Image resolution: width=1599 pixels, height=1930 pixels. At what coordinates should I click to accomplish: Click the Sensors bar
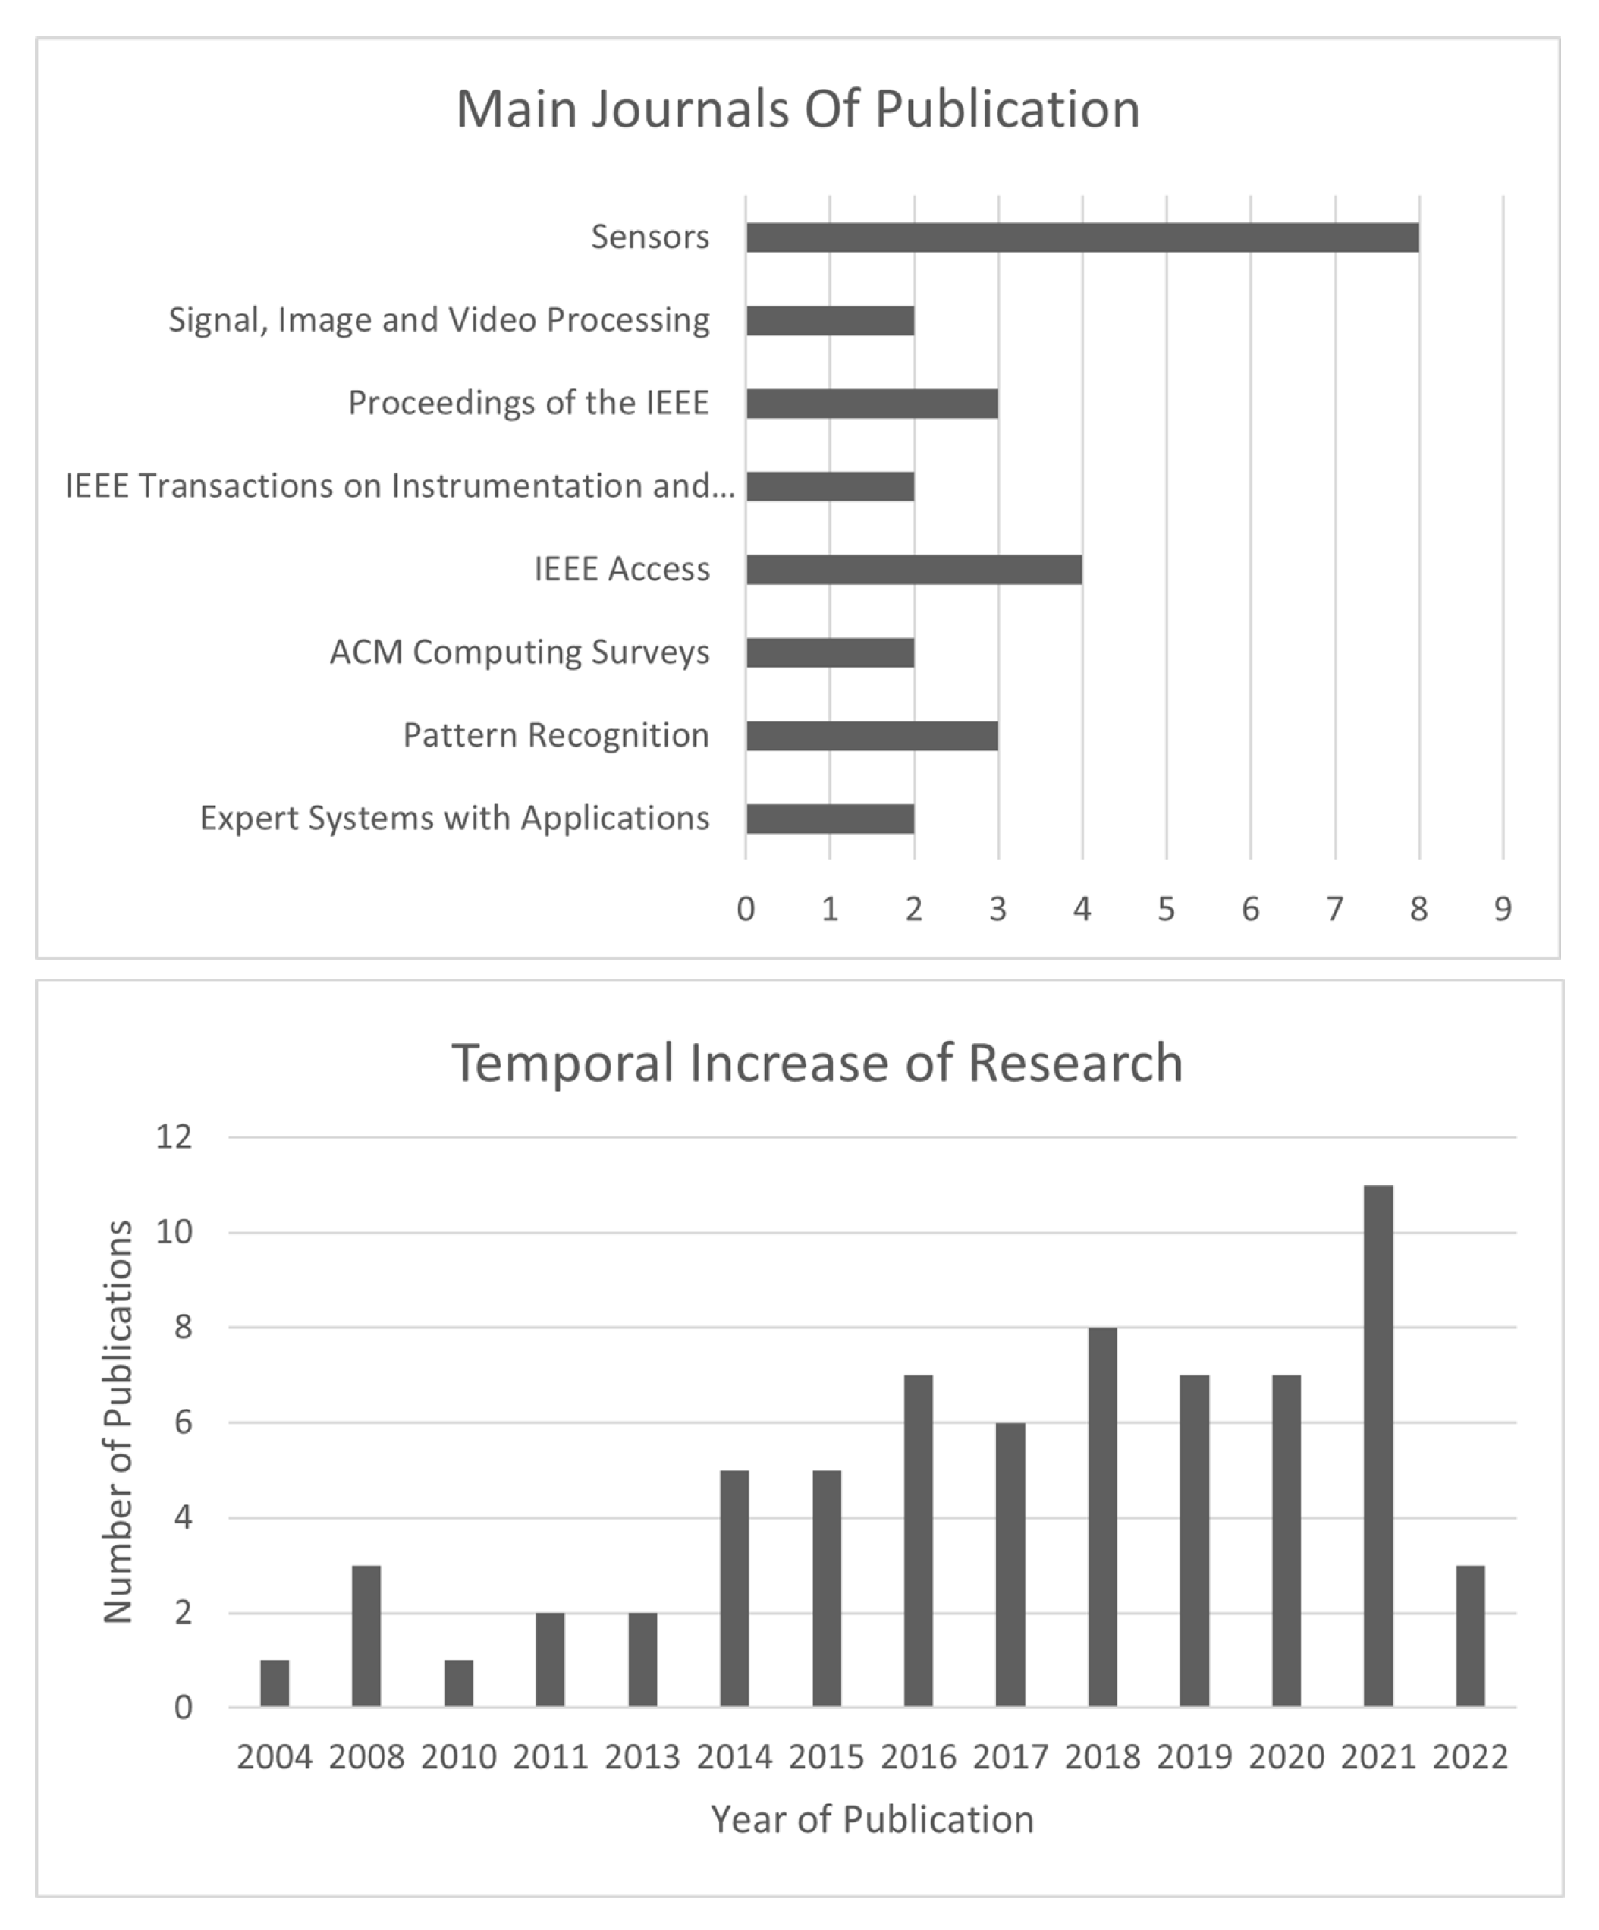tap(1082, 237)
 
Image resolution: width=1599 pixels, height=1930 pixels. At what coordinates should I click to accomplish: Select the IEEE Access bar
tap(913, 570)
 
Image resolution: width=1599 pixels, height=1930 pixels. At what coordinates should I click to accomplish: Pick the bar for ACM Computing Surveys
tap(830, 652)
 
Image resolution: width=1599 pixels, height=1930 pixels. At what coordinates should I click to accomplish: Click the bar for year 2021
tap(1378, 1446)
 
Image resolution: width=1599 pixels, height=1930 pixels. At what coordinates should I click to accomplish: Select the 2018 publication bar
tap(1102, 1517)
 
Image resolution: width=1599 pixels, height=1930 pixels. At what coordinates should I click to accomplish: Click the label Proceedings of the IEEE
tap(529, 403)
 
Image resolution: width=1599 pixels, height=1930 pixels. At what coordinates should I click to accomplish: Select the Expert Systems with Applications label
tap(455, 818)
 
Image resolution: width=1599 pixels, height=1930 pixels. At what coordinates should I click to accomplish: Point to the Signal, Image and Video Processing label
tap(438, 320)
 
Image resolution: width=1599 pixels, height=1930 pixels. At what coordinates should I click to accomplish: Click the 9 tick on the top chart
tap(1503, 909)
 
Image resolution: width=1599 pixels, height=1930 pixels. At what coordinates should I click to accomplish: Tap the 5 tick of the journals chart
tap(1166, 909)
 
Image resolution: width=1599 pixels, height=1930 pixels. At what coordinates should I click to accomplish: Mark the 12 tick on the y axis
tap(174, 1137)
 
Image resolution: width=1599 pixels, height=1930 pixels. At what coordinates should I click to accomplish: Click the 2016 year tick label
tap(918, 1756)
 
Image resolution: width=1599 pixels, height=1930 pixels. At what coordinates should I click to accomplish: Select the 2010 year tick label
tap(459, 1756)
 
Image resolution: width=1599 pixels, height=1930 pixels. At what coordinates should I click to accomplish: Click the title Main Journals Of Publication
tap(798, 109)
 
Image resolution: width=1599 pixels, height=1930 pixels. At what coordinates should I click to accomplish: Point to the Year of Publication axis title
tap(872, 1818)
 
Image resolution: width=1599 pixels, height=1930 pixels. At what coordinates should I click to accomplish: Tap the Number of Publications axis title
tap(118, 1422)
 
